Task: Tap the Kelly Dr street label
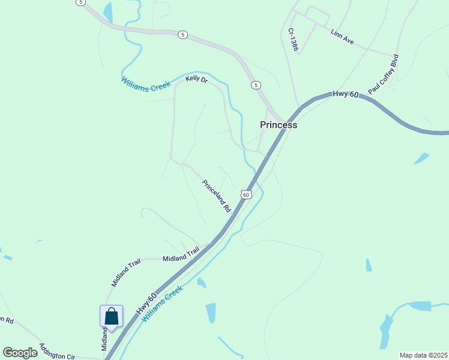pos(196,79)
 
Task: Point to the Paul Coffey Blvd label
pos(384,74)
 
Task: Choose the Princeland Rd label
pos(217,196)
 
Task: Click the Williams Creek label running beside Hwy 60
pos(162,304)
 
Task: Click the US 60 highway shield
pos(246,194)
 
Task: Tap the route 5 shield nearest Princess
pos(256,85)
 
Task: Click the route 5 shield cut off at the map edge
pos(80,2)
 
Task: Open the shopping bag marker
pos(111,316)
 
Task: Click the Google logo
pos(20,353)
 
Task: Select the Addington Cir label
pos(57,352)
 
